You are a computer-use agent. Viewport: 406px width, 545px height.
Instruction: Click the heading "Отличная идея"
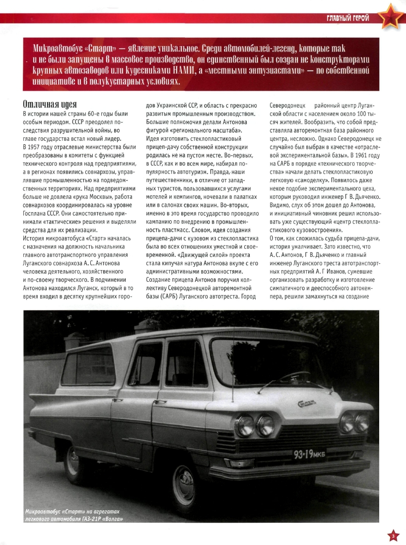[x=50, y=104]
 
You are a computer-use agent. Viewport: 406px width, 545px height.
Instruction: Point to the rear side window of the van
[x=89, y=366]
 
